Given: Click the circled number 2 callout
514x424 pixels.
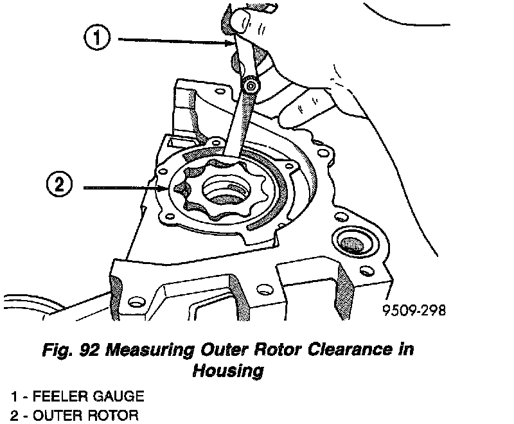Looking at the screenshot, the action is click(58, 187).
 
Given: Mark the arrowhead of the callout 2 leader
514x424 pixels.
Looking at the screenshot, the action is click(166, 188).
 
